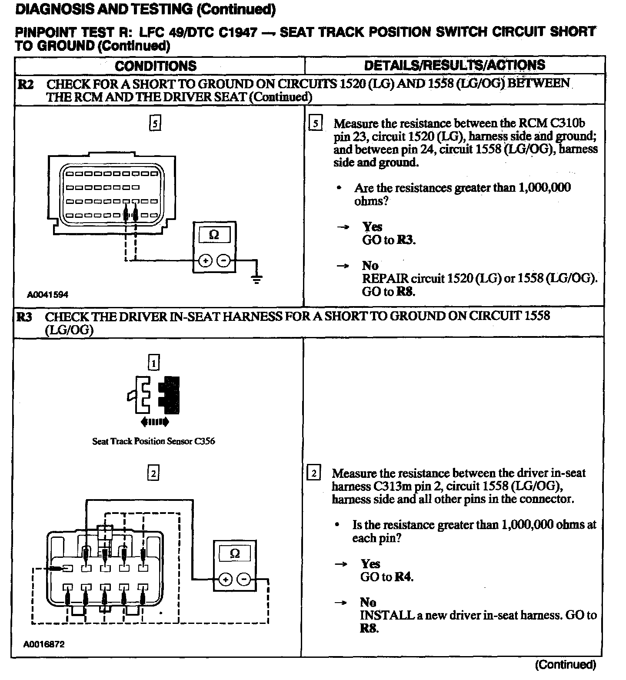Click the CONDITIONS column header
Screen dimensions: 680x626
click(156, 66)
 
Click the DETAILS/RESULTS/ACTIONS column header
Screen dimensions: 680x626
click(454, 65)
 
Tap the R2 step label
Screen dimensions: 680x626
click(26, 84)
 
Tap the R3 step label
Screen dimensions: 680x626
click(24, 317)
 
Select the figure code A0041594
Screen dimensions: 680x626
click(47, 295)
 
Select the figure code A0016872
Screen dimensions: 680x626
click(44, 644)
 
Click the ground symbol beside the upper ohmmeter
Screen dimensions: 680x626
click(257, 279)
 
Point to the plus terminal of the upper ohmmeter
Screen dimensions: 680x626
click(205, 261)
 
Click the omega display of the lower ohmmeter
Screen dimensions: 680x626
click(234, 553)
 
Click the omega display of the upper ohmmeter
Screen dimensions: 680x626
click(214, 235)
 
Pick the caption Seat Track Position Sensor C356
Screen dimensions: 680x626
click(153, 441)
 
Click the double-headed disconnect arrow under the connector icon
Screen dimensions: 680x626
click(155, 422)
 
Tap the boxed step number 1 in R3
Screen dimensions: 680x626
click(154, 362)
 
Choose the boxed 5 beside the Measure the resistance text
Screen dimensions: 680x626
click(315, 123)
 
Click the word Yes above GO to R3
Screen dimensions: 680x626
click(373, 227)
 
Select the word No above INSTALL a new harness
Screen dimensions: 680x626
click(368, 602)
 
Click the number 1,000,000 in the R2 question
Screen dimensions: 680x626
click(543, 188)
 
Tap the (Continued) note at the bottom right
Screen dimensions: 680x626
click(565, 664)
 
